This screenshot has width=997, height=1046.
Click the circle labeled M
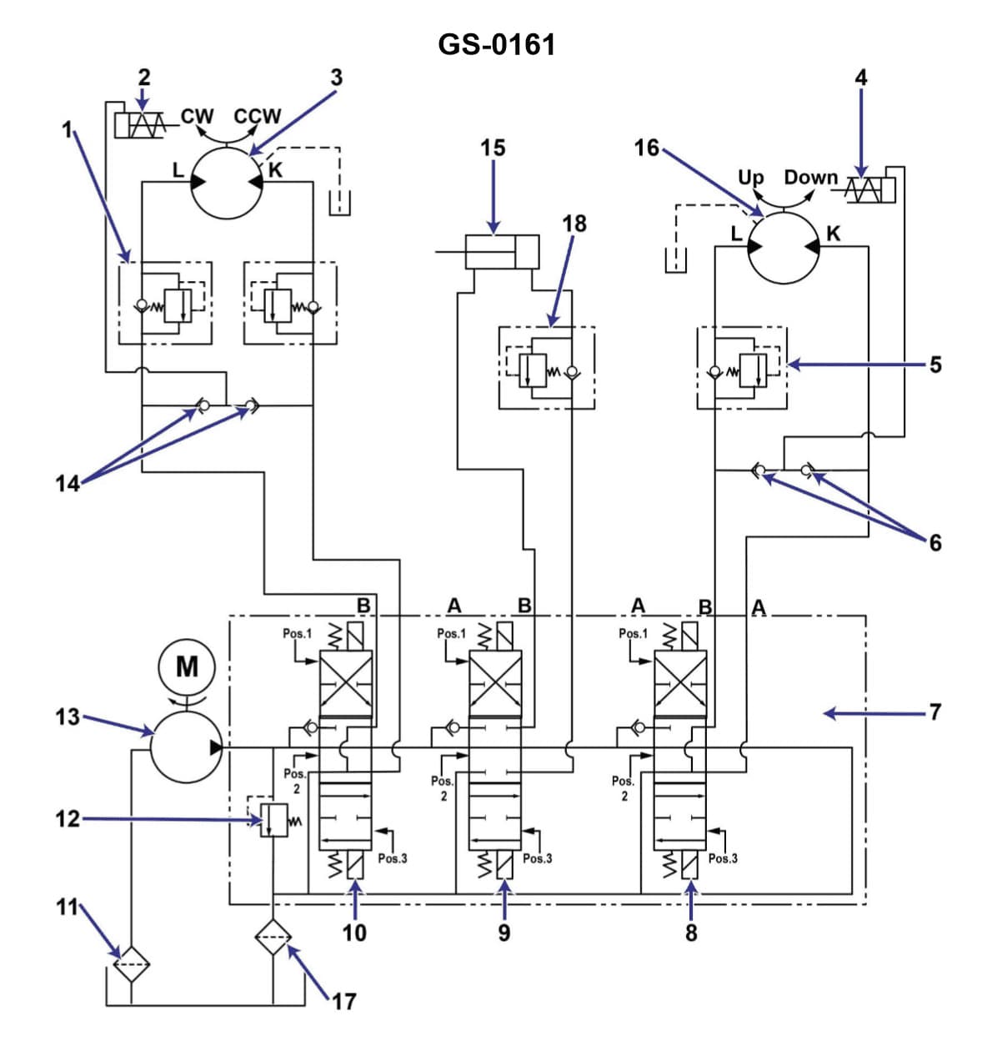[187, 666]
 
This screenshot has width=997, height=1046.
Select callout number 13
[68, 717]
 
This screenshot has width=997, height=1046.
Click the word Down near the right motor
[809, 178]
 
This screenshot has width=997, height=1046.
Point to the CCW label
[258, 116]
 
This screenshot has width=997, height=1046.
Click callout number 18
[574, 224]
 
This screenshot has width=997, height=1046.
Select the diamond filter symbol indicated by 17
[274, 937]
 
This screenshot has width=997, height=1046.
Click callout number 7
[934, 712]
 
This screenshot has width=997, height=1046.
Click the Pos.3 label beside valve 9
[538, 858]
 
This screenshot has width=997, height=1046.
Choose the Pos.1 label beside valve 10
[297, 634]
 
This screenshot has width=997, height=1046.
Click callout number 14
[67, 483]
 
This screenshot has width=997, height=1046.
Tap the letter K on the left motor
[276, 170]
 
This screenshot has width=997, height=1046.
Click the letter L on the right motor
[736, 234]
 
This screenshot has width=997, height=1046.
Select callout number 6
[935, 543]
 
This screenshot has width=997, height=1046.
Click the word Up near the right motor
[750, 178]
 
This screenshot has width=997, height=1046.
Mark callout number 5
[935, 365]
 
